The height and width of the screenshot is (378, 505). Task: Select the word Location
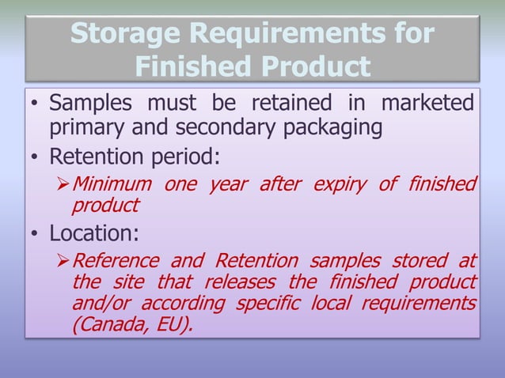pos(90,234)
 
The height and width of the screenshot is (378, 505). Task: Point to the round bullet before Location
pos(35,235)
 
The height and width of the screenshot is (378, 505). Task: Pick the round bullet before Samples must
pos(35,104)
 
